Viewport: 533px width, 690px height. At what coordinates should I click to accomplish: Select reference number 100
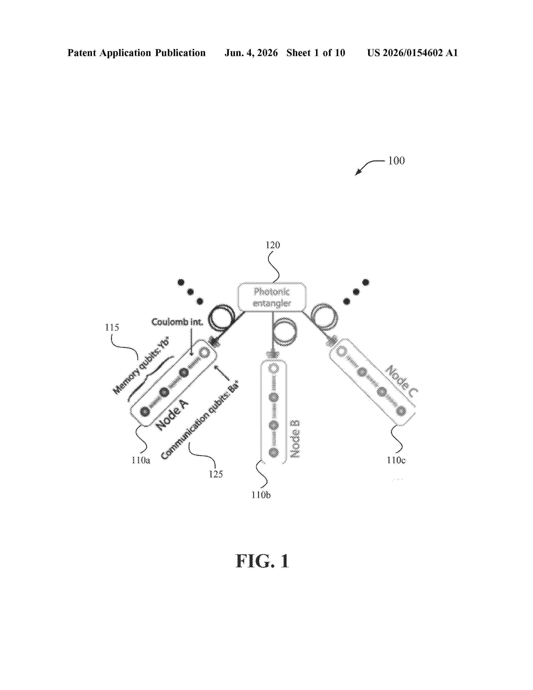tap(396, 161)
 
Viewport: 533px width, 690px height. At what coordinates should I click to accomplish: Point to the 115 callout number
tap(112, 327)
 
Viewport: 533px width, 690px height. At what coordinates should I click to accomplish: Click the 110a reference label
tap(141, 460)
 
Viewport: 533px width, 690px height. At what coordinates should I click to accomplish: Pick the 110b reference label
tap(261, 495)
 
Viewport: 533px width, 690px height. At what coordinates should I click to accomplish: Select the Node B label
tap(295, 439)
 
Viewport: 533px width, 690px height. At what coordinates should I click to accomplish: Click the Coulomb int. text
tap(177, 322)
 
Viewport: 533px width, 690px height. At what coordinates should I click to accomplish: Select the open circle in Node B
tap(273, 369)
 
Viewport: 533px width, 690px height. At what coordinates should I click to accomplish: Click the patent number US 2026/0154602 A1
tap(412, 53)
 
